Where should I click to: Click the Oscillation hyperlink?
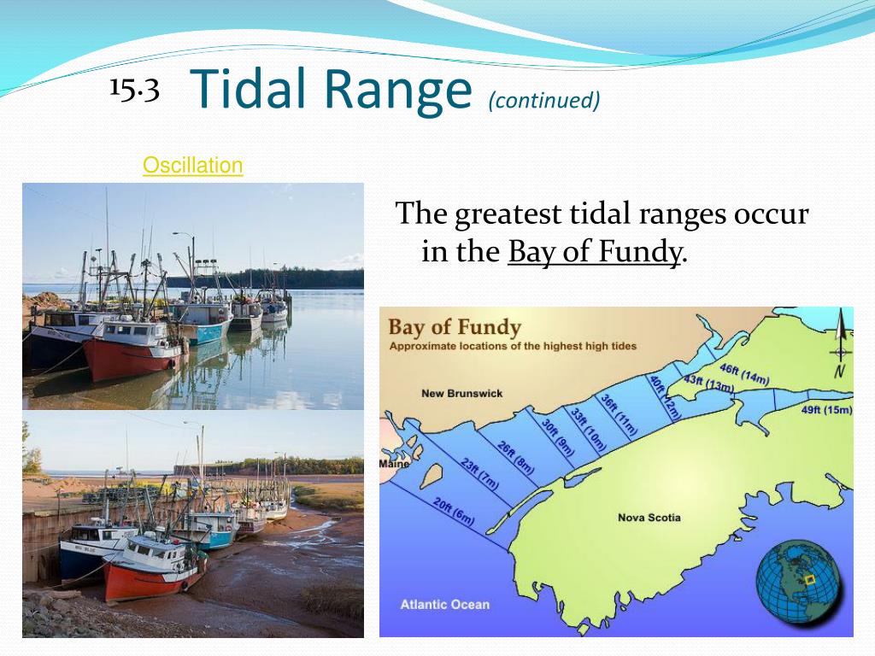(x=192, y=165)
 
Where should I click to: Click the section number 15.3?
(x=134, y=89)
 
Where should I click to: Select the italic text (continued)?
(x=544, y=101)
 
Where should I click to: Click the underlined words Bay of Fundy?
(x=596, y=252)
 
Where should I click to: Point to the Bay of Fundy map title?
(x=455, y=327)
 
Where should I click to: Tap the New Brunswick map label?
(x=462, y=393)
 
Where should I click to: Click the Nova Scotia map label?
(x=649, y=518)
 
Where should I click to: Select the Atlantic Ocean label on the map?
(x=445, y=604)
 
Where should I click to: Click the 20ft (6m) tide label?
(x=454, y=510)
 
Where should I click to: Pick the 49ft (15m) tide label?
(x=826, y=409)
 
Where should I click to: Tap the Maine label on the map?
(x=395, y=464)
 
